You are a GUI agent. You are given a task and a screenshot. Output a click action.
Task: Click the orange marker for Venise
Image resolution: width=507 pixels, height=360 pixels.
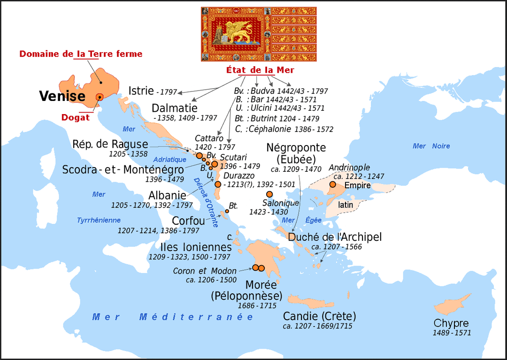pyautogui.click(x=100, y=97)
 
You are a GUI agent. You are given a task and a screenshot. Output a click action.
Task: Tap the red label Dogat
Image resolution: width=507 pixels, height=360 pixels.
pyautogui.click(x=75, y=117)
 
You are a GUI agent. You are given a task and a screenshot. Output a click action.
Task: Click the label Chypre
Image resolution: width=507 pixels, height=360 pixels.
pyautogui.click(x=451, y=323)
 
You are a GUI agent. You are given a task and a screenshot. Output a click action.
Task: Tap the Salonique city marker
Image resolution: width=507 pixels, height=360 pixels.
pyautogui.click(x=269, y=194)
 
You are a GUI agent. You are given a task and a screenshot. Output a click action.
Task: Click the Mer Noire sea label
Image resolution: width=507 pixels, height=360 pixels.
pyautogui.click(x=431, y=146)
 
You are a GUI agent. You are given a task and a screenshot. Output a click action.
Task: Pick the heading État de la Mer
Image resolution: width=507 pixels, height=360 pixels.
pyautogui.click(x=260, y=70)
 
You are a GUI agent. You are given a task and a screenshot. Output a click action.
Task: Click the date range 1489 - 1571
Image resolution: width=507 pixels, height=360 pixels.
pyautogui.click(x=452, y=333)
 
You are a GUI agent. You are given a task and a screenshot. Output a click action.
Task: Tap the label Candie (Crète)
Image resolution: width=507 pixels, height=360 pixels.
pyautogui.click(x=319, y=316)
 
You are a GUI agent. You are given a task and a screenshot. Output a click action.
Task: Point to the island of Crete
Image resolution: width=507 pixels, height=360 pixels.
pyautogui.click(x=310, y=301)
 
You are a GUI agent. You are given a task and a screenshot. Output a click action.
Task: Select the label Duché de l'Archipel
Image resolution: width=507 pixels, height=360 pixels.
pyautogui.click(x=335, y=237)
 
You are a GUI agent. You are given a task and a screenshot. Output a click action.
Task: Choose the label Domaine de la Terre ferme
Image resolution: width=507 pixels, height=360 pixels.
pyautogui.click(x=81, y=54)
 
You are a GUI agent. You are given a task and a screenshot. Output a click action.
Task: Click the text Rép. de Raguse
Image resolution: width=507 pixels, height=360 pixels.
pyautogui.click(x=110, y=144)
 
